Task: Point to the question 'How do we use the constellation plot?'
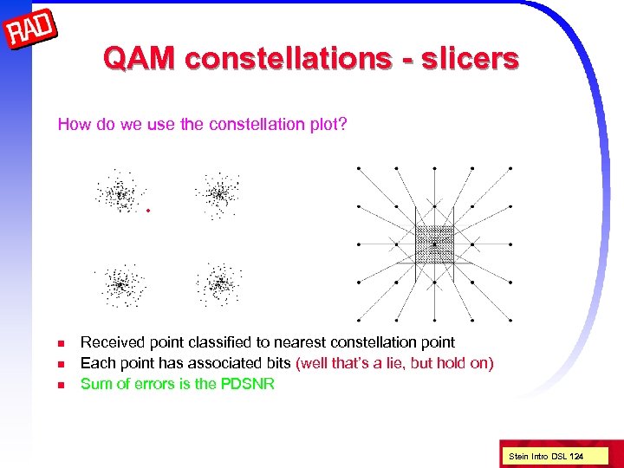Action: pos(202,125)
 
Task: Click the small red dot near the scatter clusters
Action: pos(148,211)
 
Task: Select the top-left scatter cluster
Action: pos(120,193)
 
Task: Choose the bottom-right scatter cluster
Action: pos(219,283)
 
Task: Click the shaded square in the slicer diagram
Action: pos(434,244)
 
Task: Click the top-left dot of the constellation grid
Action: pos(359,168)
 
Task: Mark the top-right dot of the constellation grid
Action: pos(510,168)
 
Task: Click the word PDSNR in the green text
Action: pos(249,384)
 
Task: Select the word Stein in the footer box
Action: pos(518,455)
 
